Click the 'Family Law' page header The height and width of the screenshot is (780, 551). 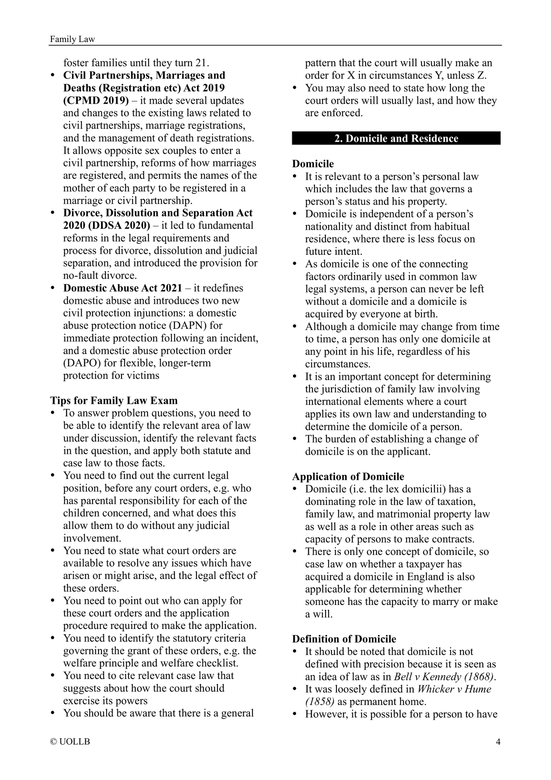pos(72,39)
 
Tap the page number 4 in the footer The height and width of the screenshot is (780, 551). pos(498,742)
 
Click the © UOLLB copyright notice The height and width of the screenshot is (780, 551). pos(70,742)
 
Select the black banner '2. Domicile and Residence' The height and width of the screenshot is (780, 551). pos(396,138)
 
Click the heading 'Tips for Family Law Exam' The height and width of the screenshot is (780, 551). pos(114,400)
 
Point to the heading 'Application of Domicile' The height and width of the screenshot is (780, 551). pos(348,476)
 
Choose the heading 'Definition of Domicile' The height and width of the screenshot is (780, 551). pos(344,639)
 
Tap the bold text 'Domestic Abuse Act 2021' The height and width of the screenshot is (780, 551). pos(123,288)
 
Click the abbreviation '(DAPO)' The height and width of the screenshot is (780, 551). pos(82,363)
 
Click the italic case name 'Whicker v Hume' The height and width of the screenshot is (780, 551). pos(455,689)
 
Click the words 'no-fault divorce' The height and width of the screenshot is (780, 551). pos(99,275)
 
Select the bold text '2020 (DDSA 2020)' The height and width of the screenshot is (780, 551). pos(107,225)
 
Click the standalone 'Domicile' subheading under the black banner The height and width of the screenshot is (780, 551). pos(313,164)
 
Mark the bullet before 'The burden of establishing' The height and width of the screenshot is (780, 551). pos(295,439)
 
